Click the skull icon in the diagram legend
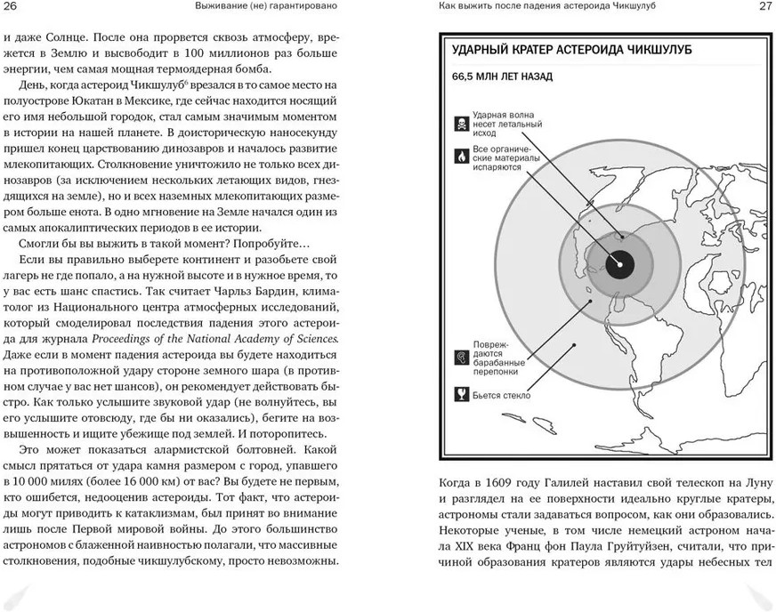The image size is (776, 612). (x=462, y=122)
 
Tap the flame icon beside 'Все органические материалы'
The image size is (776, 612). (x=462, y=155)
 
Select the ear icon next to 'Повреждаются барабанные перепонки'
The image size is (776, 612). (x=462, y=357)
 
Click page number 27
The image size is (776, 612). (x=764, y=8)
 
